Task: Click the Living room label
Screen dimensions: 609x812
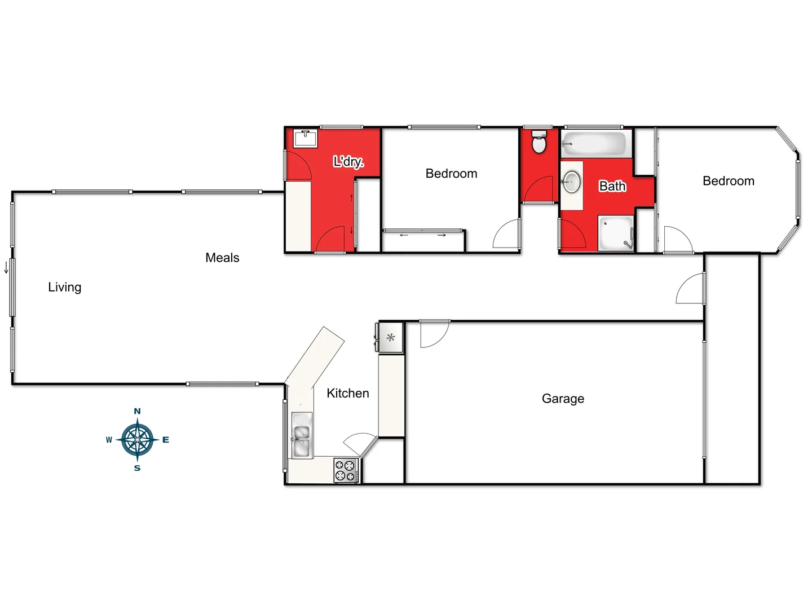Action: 64,287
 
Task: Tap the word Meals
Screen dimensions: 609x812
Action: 222,258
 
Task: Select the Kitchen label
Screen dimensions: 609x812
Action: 347,393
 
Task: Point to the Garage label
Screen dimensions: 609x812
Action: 563,399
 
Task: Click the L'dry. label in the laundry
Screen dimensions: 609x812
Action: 348,162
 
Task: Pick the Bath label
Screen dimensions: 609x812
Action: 612,186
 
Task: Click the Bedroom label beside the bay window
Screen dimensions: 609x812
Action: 728,181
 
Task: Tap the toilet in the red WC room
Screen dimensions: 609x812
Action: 539,143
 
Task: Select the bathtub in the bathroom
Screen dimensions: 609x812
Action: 594,144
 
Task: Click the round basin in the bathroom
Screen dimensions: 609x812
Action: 572,182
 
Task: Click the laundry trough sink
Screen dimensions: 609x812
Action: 305,138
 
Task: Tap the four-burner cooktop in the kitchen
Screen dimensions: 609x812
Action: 345,471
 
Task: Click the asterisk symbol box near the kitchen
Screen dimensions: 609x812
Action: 390,338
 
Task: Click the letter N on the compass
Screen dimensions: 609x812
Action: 137,411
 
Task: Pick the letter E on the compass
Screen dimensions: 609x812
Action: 166,440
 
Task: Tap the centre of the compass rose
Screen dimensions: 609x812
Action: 137,440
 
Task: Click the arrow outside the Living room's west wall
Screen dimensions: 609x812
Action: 6,267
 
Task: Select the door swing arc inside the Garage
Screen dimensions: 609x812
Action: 434,334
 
